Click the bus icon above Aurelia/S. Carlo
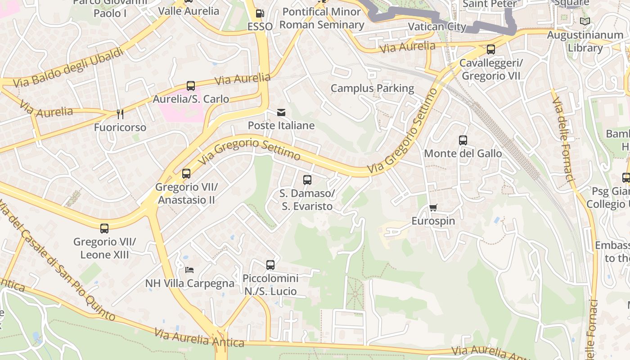(191, 85)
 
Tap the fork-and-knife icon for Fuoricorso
(120, 114)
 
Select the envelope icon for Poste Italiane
(281, 112)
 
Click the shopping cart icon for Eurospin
(433, 207)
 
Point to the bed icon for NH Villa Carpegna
(189, 270)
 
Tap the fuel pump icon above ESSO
(260, 13)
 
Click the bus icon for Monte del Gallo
(463, 140)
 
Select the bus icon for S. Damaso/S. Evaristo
(307, 180)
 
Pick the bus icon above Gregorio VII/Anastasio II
(186, 173)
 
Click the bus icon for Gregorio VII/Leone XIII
(104, 228)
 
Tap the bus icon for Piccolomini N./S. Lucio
(270, 265)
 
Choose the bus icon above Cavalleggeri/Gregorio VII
(491, 49)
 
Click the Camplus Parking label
(372, 88)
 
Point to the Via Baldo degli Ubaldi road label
(68, 68)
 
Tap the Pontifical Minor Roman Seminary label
(321, 18)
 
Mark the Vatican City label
(436, 27)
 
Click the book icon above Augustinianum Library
(585, 21)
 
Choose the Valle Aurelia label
(189, 11)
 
